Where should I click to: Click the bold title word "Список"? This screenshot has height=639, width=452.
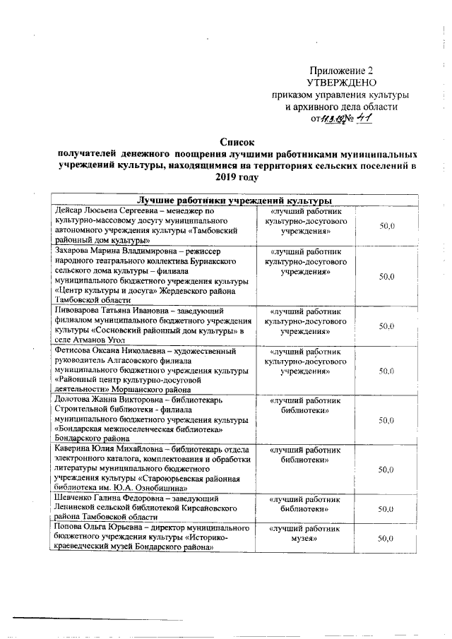235,143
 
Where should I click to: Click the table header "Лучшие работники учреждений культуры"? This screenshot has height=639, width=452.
235,200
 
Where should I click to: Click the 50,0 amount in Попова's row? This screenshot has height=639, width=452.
386,538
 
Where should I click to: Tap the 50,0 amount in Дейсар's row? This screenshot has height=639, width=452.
386,225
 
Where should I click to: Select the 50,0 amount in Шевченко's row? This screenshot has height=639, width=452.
386,508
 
